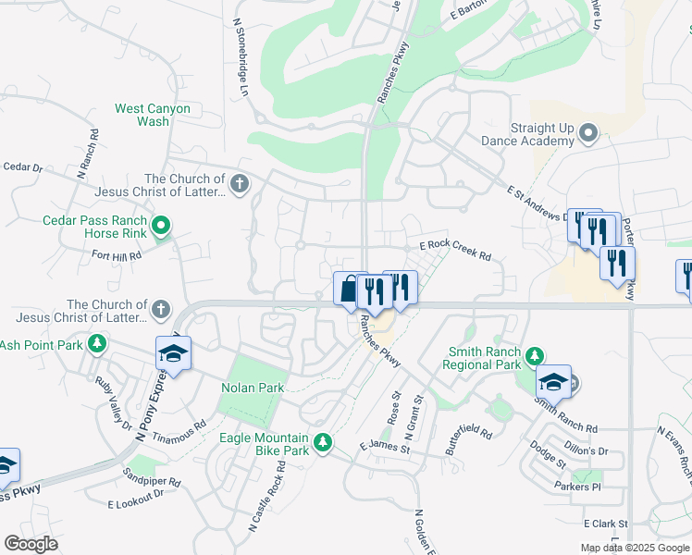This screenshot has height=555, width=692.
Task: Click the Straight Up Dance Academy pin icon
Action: [x=588, y=136]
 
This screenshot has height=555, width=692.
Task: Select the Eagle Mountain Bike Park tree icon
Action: [x=322, y=443]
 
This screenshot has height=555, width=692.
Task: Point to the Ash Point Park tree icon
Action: [x=95, y=345]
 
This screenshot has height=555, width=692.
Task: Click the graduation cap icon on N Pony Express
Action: [x=172, y=352]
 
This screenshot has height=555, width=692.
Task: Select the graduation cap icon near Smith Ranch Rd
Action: [x=553, y=380]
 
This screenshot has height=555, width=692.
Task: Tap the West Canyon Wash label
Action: [x=153, y=115]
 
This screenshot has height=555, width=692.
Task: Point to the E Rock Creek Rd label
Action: [x=455, y=251]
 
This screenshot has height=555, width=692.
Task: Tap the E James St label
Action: [x=384, y=448]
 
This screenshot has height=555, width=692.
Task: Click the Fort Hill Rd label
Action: [x=117, y=255]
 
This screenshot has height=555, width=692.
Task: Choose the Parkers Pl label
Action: [x=578, y=487]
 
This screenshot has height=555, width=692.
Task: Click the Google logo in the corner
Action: [x=31, y=544]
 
